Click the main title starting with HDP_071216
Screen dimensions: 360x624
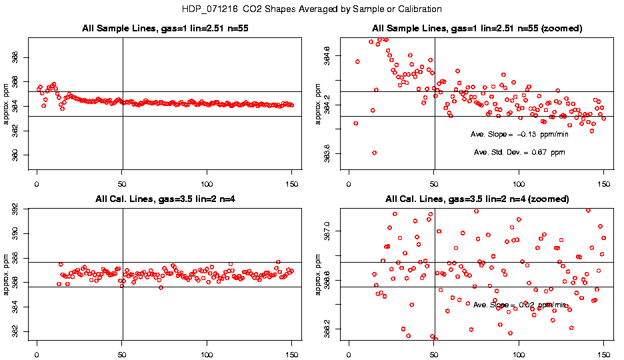point(311,9)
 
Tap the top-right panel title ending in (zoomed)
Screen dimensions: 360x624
point(477,28)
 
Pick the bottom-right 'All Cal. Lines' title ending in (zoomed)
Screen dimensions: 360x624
point(477,199)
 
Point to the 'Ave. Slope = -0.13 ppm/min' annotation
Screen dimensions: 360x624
point(520,134)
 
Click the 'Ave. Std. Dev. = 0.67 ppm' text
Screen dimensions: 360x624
point(519,153)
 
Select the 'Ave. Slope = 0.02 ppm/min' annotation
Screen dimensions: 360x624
point(519,305)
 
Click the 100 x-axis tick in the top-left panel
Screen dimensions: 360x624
point(207,182)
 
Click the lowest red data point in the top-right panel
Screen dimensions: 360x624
point(375,153)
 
